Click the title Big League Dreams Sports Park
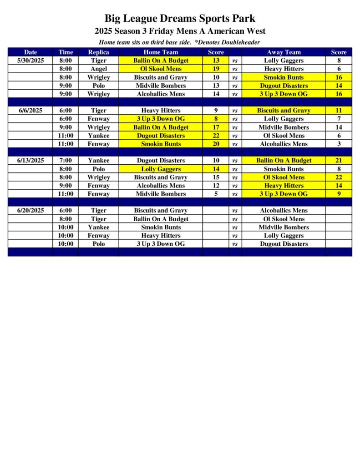[x=180, y=19]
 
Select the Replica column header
[x=98, y=52]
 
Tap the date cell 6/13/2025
[x=31, y=160]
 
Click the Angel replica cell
[x=98, y=69]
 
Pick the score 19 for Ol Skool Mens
[x=216, y=69]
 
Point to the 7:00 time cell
[x=66, y=160]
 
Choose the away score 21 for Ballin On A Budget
[x=339, y=160]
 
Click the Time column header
[x=66, y=52]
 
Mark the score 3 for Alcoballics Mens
[x=339, y=144]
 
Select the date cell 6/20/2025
[x=31, y=210]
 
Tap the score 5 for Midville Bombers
[x=216, y=194]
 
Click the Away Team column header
[x=284, y=52]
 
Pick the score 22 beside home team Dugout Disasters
[x=216, y=136]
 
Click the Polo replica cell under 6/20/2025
[x=98, y=244]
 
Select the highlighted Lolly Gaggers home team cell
[x=161, y=169]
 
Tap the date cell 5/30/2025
[x=31, y=61]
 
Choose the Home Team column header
[x=161, y=52]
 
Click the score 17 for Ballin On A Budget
[x=216, y=127]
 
